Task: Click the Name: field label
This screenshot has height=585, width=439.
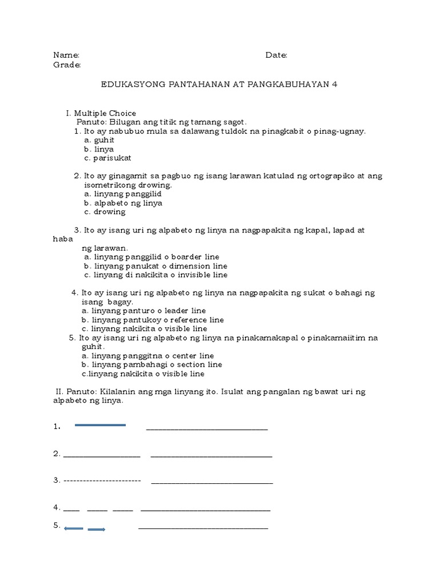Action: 66,55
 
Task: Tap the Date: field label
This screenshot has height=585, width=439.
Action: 276,55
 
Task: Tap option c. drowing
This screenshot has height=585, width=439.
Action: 105,211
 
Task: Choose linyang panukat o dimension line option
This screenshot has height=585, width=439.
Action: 155,266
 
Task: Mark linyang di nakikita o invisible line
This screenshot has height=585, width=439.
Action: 155,275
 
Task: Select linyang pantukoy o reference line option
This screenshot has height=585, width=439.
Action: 153,320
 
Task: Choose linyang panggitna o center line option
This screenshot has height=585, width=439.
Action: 148,356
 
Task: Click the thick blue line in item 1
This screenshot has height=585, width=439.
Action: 100,425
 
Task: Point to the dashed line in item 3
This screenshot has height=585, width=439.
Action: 102,480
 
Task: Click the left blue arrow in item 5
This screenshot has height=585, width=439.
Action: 74,528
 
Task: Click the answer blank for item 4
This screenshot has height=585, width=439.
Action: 205,509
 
